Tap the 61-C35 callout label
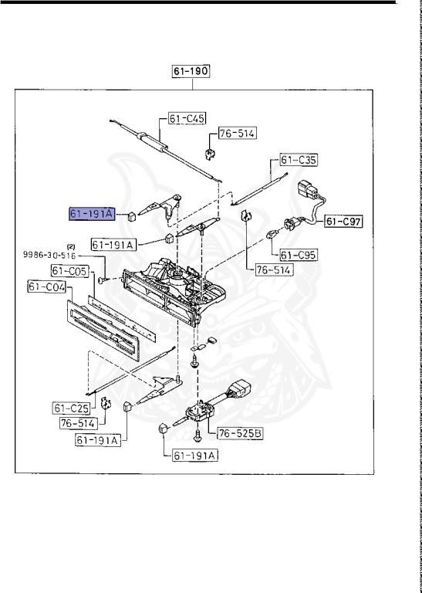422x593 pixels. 299,161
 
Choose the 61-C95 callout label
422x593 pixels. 298,254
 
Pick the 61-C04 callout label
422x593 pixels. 46,288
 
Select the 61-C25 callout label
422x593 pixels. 71,408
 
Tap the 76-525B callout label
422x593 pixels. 240,433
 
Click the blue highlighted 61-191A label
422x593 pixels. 91,214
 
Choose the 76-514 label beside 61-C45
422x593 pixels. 236,134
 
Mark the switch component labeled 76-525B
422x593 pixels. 200,416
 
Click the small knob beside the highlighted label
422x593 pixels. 132,215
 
